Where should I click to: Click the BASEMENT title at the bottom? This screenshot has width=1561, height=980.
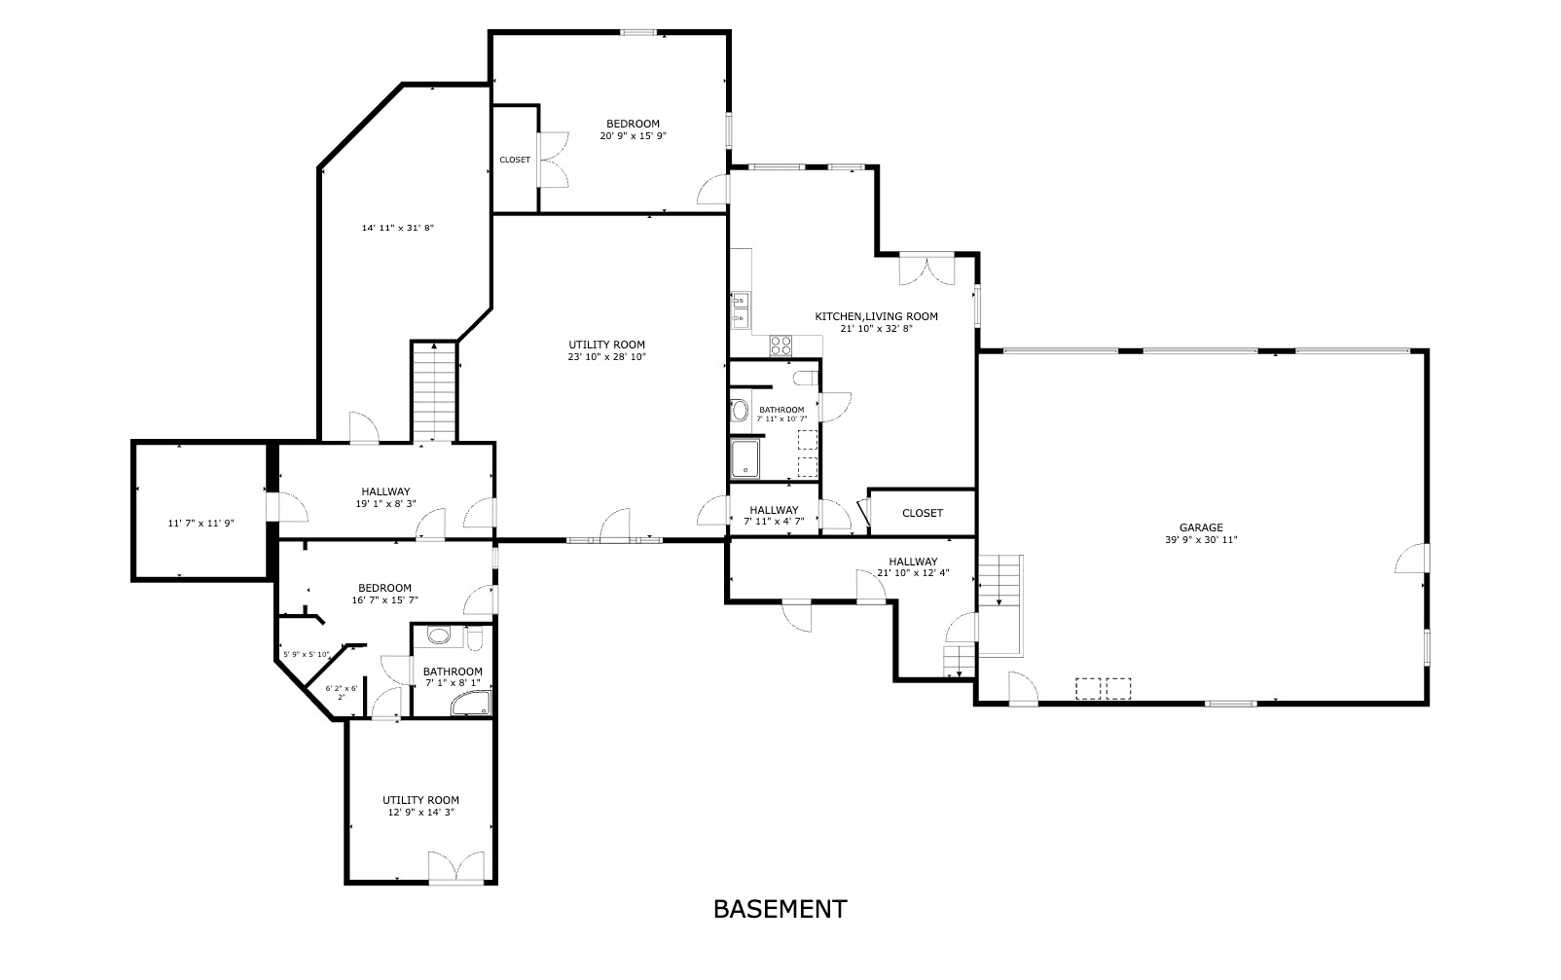pos(780,909)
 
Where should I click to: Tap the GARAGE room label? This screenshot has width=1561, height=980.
pos(1201,527)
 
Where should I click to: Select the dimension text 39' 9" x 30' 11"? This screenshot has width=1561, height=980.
pos(1201,540)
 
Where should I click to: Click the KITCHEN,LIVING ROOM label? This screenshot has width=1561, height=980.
pos(876,316)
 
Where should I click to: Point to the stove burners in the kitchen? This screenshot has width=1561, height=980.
pos(780,345)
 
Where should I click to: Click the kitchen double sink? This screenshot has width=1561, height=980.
pos(739,309)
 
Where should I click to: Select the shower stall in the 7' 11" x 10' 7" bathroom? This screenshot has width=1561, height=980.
pos(746,458)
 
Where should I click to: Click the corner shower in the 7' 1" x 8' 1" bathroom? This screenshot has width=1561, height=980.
pos(474,705)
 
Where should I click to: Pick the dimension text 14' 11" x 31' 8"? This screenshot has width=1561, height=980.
pos(397,228)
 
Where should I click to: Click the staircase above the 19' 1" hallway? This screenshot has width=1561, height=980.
pos(433,391)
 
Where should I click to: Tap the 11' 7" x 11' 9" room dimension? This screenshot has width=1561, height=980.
pos(200,524)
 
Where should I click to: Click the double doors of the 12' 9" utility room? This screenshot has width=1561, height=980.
pos(456,866)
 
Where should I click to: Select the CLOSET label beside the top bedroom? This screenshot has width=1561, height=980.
pos(515,160)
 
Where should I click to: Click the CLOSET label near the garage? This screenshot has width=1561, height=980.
pos(922,513)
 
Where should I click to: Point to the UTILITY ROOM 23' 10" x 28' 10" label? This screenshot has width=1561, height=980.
pos(606,350)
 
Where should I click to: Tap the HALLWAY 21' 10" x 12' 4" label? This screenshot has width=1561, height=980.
pos(912,567)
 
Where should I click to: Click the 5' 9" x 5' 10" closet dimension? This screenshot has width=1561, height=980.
pos(306,654)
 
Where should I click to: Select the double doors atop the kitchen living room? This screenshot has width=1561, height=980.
pos(926,270)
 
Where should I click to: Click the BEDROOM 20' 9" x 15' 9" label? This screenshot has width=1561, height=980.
pos(633,129)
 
